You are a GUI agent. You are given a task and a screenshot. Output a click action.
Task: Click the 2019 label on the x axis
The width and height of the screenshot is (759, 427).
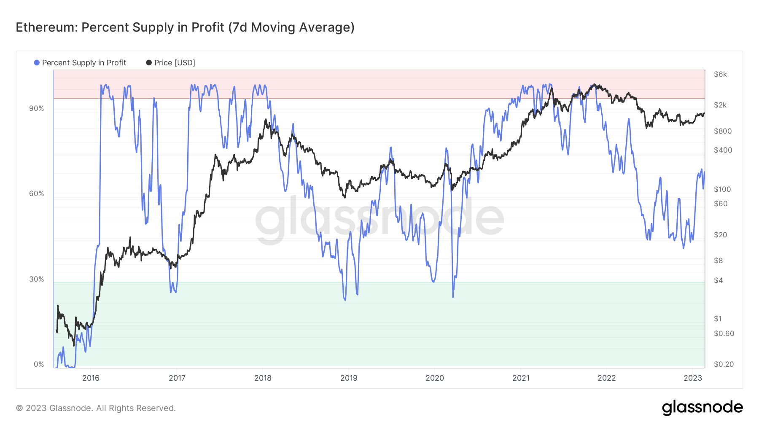tap(349, 378)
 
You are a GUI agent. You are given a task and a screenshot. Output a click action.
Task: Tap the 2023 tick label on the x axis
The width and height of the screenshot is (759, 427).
tap(692, 378)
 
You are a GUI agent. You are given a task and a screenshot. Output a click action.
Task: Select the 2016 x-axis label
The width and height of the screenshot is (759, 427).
tap(91, 378)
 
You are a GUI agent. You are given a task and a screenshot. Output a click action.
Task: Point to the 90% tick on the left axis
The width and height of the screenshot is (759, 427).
tap(36, 108)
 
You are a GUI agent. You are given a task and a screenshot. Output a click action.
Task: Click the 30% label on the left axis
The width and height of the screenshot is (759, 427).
tap(36, 279)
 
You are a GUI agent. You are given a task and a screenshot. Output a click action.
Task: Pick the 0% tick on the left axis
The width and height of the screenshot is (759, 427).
tap(39, 364)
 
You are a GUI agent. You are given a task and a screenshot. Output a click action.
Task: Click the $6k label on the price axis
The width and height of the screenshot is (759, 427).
tap(720, 74)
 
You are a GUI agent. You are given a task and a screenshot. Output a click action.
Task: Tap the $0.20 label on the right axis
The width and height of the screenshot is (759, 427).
tap(724, 364)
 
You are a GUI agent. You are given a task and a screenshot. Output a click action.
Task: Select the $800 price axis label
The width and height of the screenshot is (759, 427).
tap(722, 131)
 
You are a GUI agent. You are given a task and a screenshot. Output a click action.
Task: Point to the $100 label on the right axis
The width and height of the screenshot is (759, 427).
tap(722, 189)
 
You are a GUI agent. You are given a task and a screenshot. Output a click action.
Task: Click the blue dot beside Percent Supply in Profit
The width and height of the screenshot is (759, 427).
tap(37, 63)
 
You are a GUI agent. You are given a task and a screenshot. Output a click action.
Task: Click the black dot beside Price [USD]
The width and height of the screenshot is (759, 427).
tap(149, 63)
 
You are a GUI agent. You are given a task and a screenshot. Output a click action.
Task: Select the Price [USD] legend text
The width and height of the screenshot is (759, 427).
tap(175, 63)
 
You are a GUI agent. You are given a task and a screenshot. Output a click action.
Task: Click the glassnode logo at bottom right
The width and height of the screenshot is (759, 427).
tap(702, 408)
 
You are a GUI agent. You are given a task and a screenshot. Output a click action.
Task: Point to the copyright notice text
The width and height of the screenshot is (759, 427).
tap(96, 408)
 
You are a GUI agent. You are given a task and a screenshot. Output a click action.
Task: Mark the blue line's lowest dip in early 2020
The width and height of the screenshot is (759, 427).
tap(453, 297)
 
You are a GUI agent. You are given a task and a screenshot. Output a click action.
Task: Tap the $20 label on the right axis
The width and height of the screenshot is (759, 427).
tap(720, 235)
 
